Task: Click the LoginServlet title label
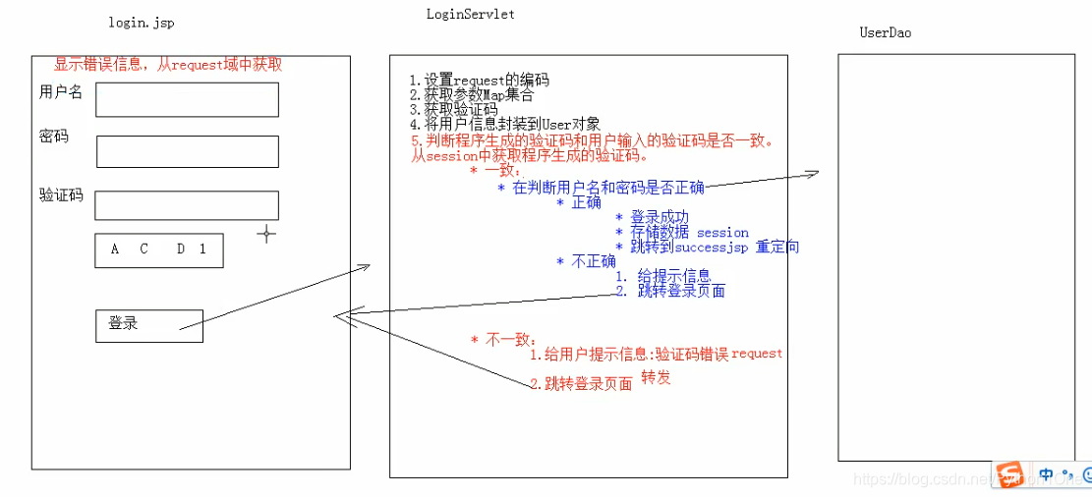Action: [x=470, y=14]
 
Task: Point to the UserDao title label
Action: [x=885, y=32]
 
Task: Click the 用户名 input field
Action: [x=187, y=99]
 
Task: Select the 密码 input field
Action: [x=187, y=151]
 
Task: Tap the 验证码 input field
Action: [x=187, y=204]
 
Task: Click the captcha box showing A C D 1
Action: [x=159, y=249]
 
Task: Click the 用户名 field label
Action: [x=61, y=92]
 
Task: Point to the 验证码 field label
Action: [x=61, y=195]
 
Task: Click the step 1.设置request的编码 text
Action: [x=480, y=81]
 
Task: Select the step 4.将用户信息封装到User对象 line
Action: [x=504, y=125]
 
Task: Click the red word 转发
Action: [x=657, y=378]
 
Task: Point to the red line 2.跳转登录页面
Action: [x=581, y=384]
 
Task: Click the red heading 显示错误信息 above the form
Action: [x=168, y=65]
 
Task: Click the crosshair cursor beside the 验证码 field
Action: [x=265, y=233]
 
